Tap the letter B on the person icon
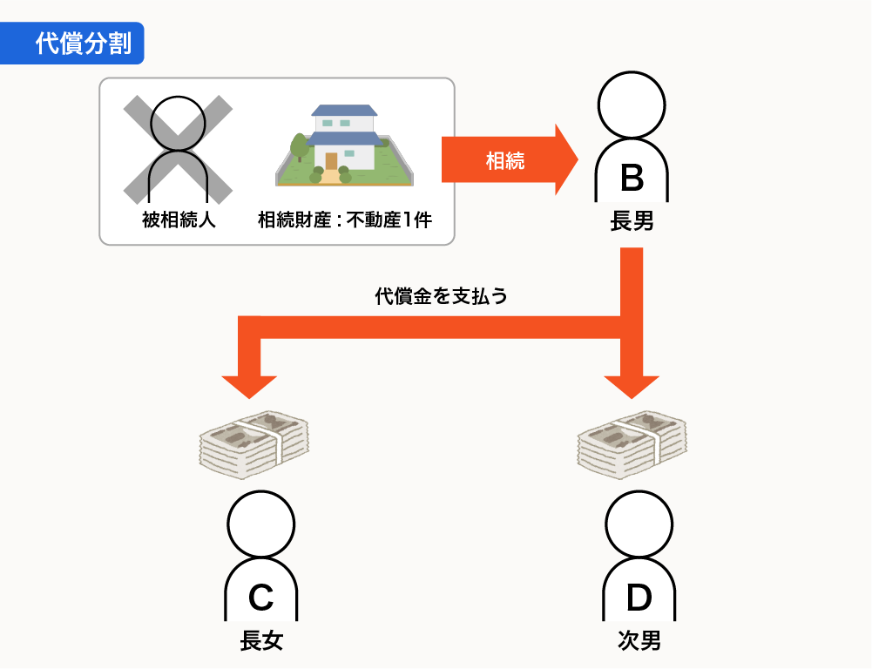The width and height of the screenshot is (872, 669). pos(632,178)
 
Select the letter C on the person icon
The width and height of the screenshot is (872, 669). pos(261,597)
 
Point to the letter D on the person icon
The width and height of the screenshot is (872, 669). pos(639,597)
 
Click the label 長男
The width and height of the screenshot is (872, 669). pos(632,222)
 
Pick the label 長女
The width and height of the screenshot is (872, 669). pos(261,642)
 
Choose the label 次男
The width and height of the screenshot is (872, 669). pos(639,642)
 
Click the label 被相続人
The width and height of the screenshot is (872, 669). pos(179,220)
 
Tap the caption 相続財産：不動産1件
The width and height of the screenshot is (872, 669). pos(345,220)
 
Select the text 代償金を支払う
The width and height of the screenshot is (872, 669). pos(441,296)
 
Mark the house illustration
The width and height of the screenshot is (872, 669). pos(344,145)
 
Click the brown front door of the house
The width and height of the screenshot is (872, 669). pos(331,161)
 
